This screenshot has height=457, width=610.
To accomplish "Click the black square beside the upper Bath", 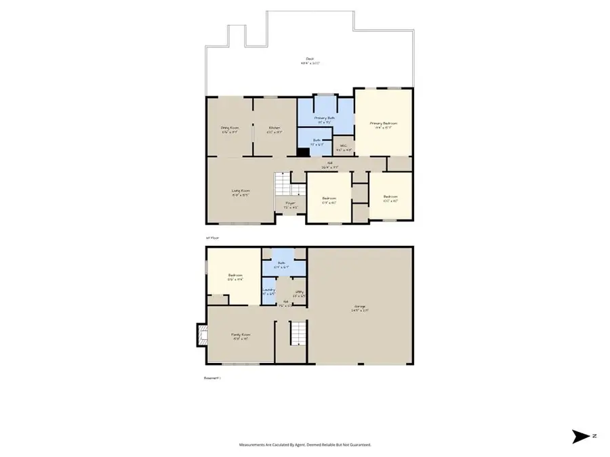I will [303, 152].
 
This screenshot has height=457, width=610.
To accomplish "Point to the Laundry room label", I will [268, 291].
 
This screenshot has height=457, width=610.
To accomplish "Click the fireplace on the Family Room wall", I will [201, 335].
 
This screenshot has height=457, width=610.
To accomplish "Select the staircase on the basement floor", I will [299, 333].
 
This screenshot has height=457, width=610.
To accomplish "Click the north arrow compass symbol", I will [582, 437].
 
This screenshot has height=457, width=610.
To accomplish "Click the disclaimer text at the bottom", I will [305, 445].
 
